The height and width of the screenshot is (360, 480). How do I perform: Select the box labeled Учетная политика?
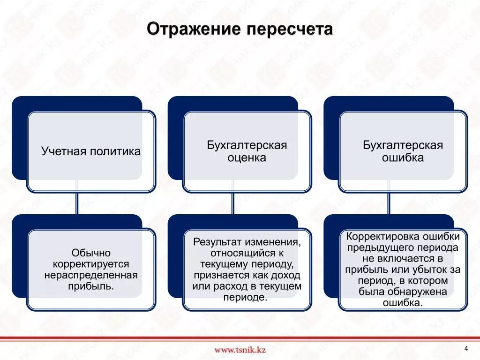(x=91, y=151)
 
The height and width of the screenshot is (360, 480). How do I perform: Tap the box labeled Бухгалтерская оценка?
(x=247, y=151)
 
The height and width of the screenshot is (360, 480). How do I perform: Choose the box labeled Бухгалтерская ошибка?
(x=403, y=151)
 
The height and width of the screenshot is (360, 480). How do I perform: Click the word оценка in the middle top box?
(x=247, y=158)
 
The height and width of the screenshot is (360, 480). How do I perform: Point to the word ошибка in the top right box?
(x=403, y=158)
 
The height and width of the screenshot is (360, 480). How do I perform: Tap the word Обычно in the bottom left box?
(x=91, y=253)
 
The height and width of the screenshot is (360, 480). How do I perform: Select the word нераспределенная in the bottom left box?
(x=91, y=275)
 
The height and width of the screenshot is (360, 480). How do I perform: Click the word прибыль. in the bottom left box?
(x=91, y=286)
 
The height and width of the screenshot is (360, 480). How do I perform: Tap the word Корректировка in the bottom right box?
(x=378, y=236)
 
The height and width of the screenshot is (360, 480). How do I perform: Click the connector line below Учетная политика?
(x=77, y=203)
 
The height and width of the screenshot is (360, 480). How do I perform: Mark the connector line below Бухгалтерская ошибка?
(x=389, y=203)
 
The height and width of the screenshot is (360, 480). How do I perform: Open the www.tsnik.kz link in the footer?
(x=240, y=349)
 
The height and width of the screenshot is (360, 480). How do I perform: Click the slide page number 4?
(x=466, y=348)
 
